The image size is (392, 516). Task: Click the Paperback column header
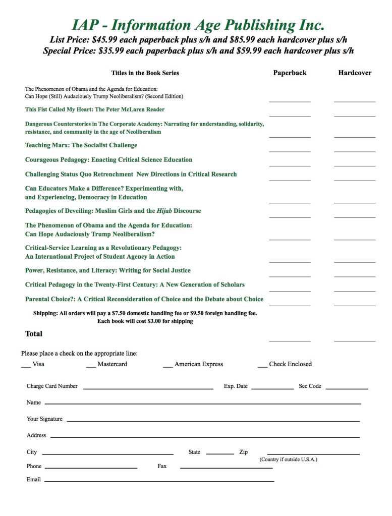290,73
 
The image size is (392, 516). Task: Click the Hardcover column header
355,73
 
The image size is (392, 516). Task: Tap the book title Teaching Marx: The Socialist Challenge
81,145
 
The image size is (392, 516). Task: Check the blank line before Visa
26,366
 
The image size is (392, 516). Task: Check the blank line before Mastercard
91,366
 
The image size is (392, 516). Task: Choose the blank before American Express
168,366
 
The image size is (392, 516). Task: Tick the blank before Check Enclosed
262,366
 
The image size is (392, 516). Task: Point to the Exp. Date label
236,386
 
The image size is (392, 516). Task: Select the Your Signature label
44,419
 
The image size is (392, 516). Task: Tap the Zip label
243,452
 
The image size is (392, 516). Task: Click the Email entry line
159,481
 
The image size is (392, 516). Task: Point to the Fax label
162,466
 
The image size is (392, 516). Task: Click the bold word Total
34,334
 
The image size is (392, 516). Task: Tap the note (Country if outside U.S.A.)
288,460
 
